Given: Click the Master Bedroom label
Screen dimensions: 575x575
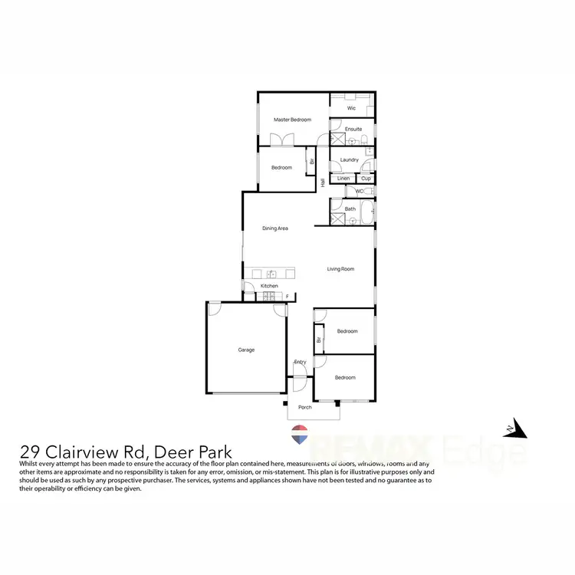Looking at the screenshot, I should click(293, 120).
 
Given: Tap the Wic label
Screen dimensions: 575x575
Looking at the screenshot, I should click(351, 108).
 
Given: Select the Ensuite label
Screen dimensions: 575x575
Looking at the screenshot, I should click(353, 129).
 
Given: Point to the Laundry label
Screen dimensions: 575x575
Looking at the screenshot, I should click(350, 159).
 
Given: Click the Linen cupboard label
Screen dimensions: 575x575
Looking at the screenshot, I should click(343, 179).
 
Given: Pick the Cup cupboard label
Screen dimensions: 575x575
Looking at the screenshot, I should click(366, 179).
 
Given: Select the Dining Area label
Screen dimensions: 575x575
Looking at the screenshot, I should click(274, 228).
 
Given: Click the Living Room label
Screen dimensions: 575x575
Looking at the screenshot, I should click(340, 269).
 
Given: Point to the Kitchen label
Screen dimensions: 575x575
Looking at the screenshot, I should click(269, 286).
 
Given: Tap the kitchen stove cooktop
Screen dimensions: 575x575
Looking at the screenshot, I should click(270, 296).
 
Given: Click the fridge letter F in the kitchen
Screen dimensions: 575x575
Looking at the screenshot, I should click(287, 296).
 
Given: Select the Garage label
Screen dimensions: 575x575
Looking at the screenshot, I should click(246, 350).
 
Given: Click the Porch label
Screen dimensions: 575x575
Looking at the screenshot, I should click(305, 407).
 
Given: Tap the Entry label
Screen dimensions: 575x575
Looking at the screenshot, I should click(300, 362).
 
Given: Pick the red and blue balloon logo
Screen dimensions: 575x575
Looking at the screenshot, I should click(301, 435).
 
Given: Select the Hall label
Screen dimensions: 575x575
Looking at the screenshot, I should click(324, 182).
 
